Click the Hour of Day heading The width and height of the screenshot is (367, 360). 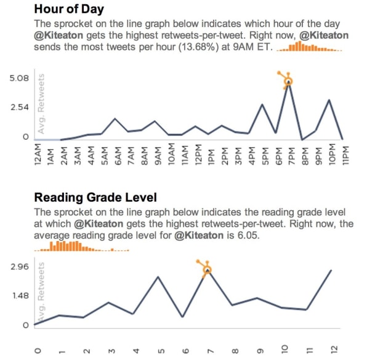click(x=69, y=9)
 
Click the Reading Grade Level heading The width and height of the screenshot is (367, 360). click(x=95, y=197)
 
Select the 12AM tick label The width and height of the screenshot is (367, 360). click(x=38, y=155)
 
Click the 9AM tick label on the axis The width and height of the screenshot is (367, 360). click(x=158, y=156)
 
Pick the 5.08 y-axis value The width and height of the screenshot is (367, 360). click(x=19, y=78)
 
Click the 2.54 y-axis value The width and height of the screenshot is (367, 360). click(x=20, y=108)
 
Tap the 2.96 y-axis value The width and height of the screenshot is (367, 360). click(x=20, y=266)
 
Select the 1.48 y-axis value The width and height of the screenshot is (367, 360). click(x=20, y=296)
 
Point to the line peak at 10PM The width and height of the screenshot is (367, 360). click(x=329, y=100)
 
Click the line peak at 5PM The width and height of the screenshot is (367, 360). click(x=262, y=104)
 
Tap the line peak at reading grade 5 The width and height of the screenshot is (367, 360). click(x=158, y=277)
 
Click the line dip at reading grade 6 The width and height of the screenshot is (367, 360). click(x=183, y=317)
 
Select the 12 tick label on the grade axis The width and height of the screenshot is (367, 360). click(x=334, y=350)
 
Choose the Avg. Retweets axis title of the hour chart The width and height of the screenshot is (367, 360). click(x=41, y=104)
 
